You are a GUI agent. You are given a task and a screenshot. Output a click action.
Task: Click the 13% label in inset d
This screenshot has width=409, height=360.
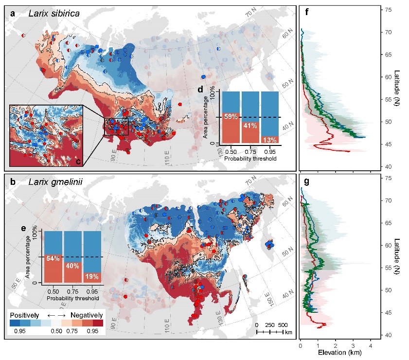(270, 140)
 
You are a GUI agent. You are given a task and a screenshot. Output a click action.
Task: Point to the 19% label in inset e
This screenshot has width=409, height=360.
(92, 276)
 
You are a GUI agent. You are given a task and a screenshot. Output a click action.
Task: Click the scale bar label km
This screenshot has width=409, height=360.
(288, 332)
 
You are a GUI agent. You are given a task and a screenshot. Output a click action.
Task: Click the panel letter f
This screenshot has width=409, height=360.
(306, 13)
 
